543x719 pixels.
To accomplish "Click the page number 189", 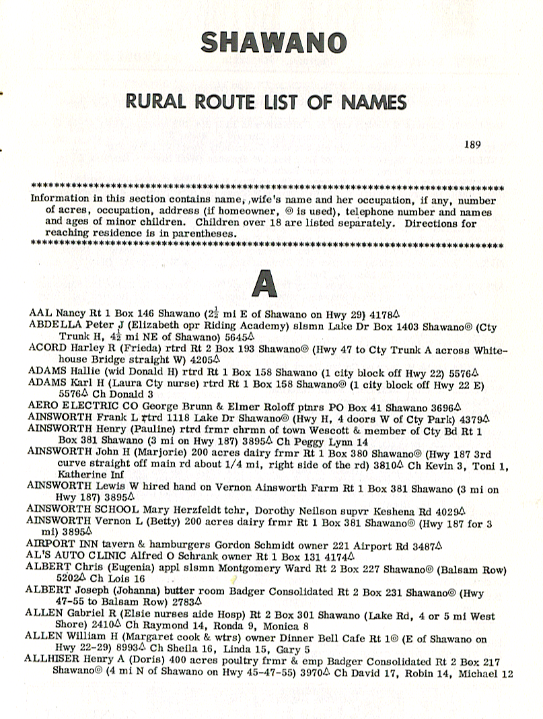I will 474,143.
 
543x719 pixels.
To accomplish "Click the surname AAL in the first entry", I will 40,314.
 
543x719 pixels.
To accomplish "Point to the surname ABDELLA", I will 50,324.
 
